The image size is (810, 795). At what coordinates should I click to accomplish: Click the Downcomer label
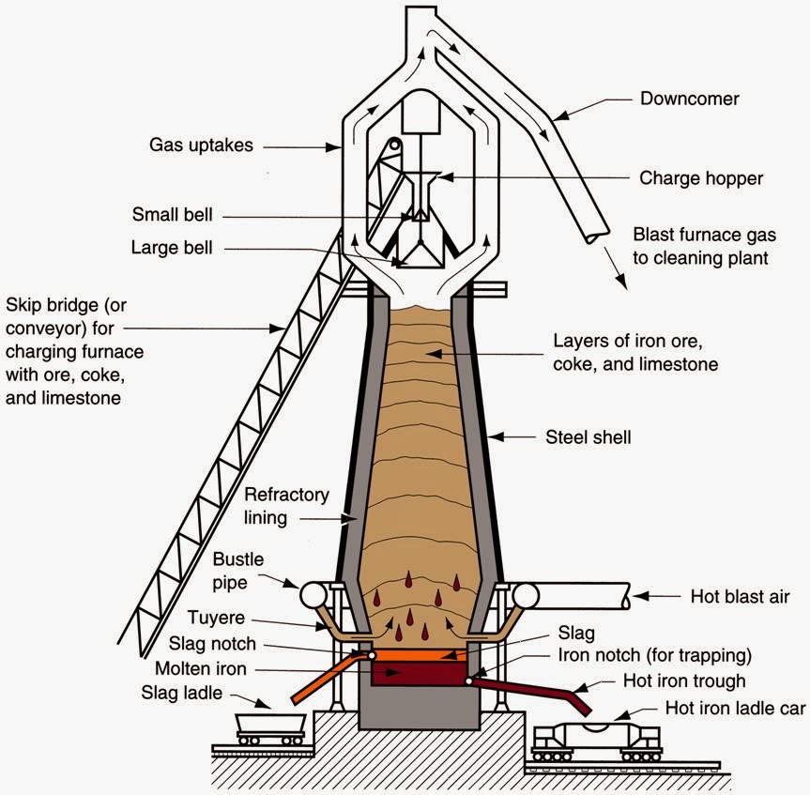click(689, 99)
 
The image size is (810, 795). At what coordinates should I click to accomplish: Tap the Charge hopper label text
click(701, 178)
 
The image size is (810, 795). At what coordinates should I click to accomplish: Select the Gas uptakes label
click(201, 145)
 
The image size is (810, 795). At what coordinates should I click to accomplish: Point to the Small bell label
click(172, 214)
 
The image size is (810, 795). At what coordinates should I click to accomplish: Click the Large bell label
click(172, 248)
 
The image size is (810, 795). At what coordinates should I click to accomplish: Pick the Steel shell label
click(588, 437)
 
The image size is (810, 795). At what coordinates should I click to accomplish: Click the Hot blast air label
click(740, 597)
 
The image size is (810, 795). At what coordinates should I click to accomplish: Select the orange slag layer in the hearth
click(420, 655)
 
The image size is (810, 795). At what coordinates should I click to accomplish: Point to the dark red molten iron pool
click(420, 673)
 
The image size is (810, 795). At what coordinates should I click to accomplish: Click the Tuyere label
click(216, 618)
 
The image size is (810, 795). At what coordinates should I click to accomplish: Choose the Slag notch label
click(212, 644)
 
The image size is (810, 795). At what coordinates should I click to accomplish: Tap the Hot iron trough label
click(684, 680)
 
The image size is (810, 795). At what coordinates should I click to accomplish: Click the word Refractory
click(286, 495)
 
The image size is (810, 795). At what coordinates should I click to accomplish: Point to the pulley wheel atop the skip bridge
click(395, 145)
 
